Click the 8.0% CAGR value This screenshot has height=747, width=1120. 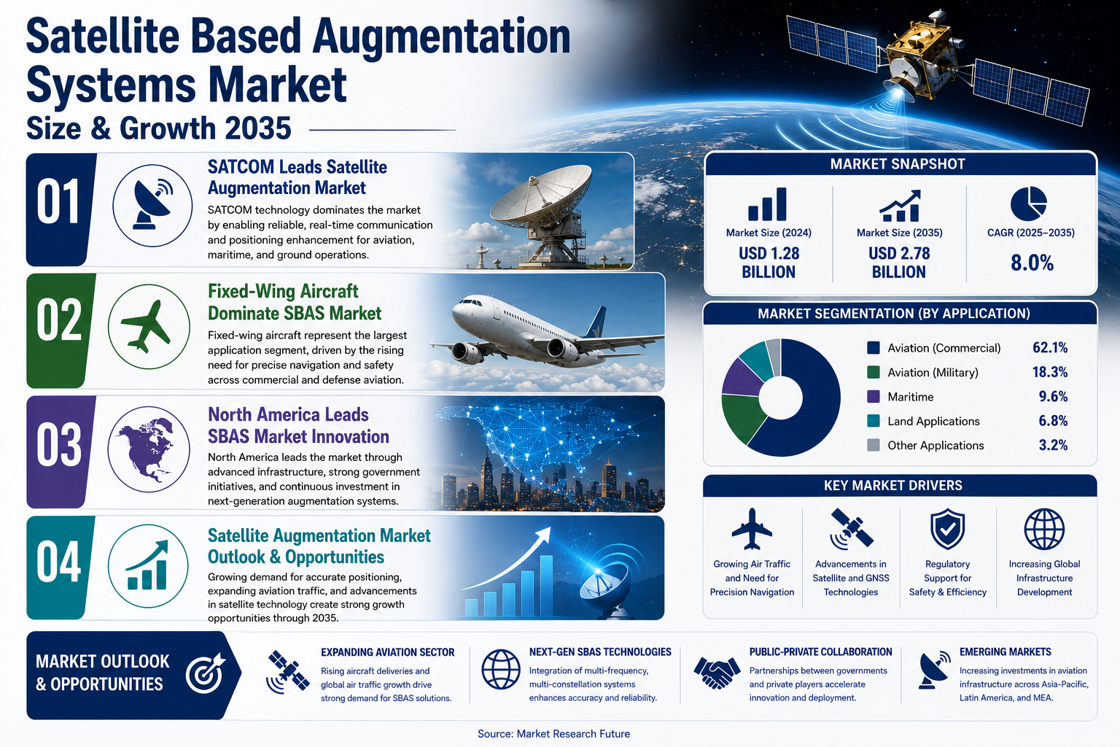coord(1032,263)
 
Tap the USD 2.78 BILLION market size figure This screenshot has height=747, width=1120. coord(899,263)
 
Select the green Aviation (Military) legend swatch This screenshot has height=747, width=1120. coord(873,372)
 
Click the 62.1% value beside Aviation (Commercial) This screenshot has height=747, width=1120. coord(1050,348)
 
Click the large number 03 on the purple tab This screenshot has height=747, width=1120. coord(59,445)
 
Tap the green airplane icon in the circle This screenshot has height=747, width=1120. coord(146,325)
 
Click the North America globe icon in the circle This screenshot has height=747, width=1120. coord(146,449)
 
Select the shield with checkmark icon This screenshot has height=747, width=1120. coord(947,530)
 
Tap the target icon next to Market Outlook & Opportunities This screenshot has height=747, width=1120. coord(206,673)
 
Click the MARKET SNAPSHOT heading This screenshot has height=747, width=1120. coord(898,164)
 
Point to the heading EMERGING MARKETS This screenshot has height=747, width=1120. coord(1005,652)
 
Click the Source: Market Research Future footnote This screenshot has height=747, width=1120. coord(553,733)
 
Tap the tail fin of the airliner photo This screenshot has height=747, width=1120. coord(597,322)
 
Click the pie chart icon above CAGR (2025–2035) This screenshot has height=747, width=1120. coord(1029,204)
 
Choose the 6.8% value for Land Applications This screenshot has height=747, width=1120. coord(1053,421)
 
